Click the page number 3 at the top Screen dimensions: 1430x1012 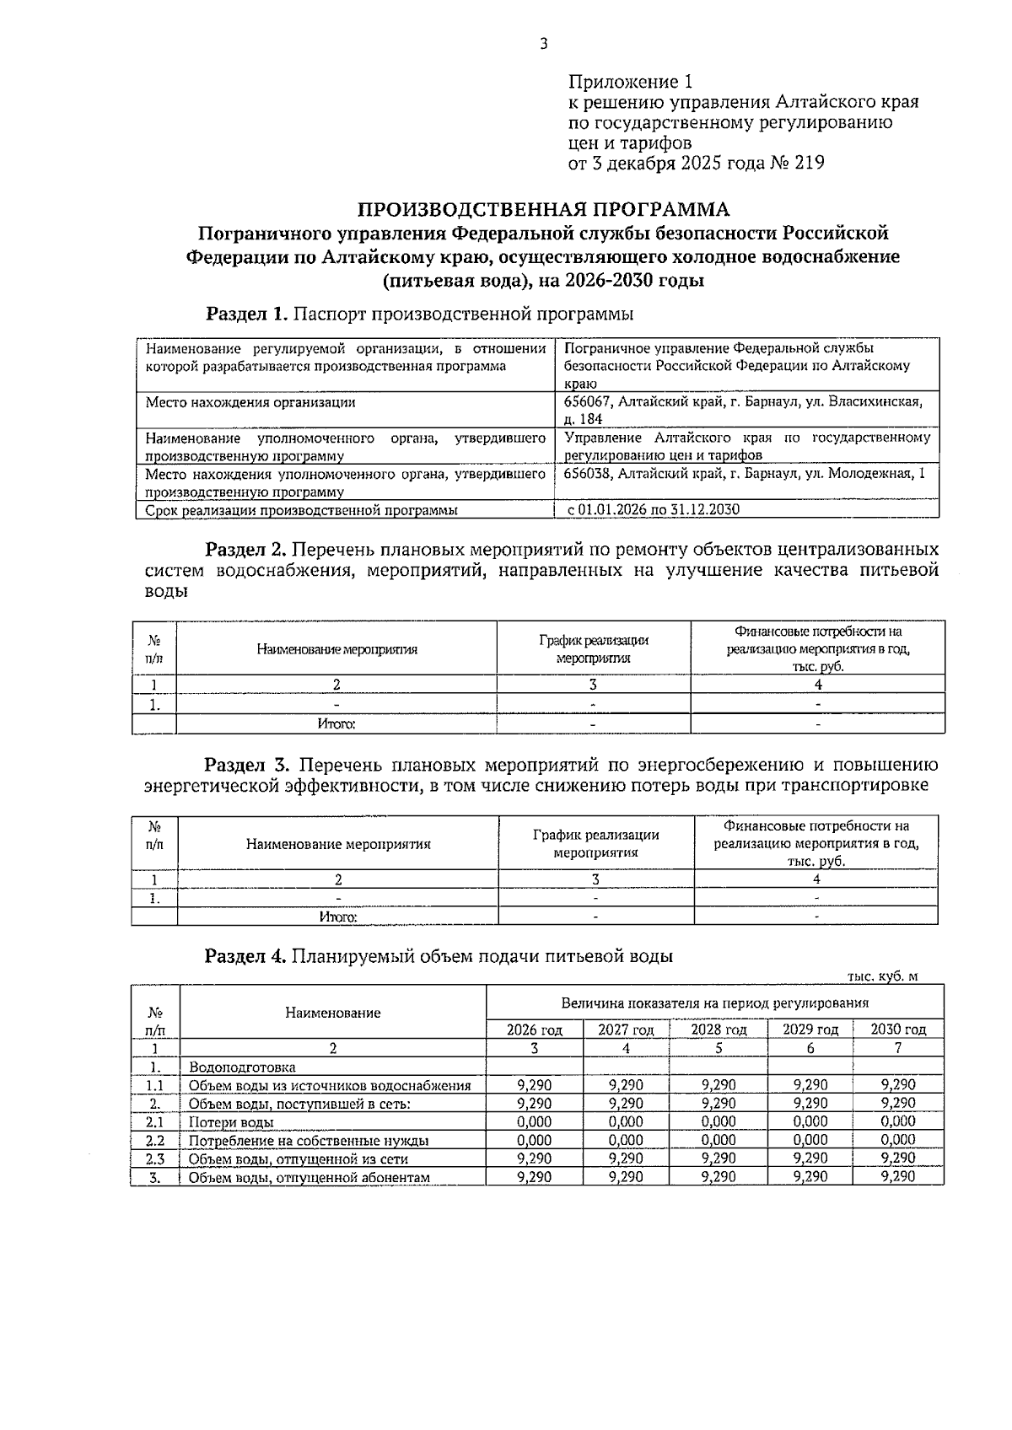click(x=544, y=44)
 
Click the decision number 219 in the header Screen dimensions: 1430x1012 click(x=808, y=164)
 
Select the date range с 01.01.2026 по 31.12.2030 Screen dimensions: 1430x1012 click(x=654, y=510)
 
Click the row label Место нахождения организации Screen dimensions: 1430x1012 click(x=250, y=403)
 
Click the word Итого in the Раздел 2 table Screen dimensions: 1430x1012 click(x=336, y=724)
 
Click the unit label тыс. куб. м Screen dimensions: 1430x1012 click(x=882, y=976)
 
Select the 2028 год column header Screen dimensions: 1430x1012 click(x=719, y=1029)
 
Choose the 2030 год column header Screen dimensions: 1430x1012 click(x=898, y=1029)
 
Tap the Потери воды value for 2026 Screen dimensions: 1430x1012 click(x=534, y=1122)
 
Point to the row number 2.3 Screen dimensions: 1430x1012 click(x=154, y=1159)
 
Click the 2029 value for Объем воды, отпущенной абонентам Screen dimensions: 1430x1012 click(x=810, y=1177)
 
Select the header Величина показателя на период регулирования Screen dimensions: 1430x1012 click(x=714, y=1003)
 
